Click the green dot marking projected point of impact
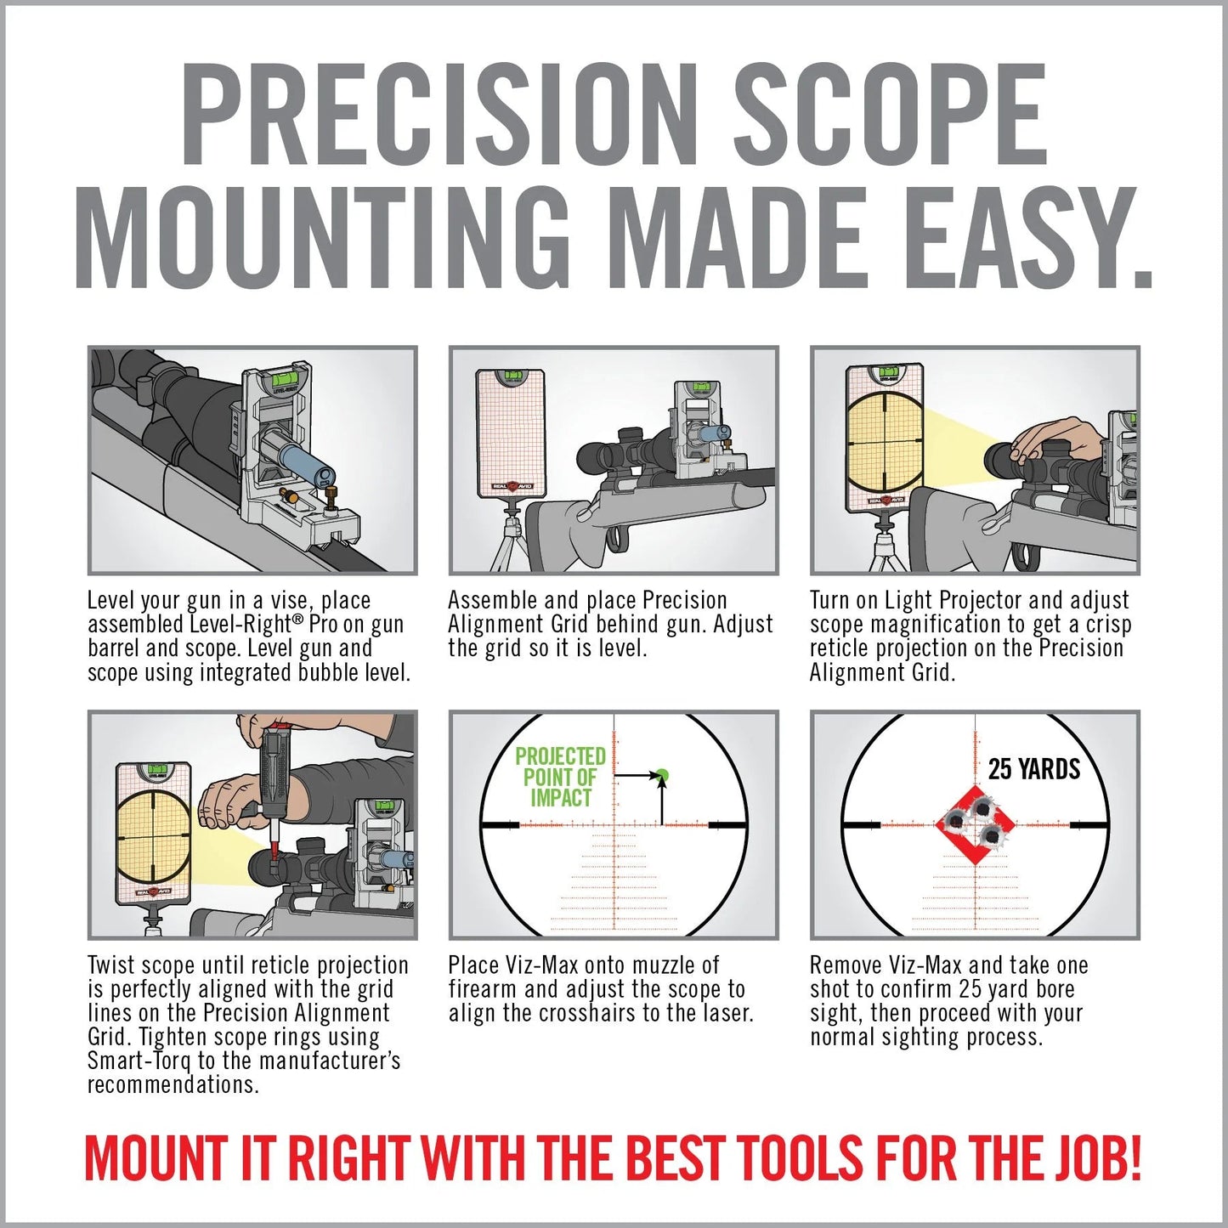[662, 775]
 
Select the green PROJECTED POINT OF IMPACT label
[560, 777]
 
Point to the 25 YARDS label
[1033, 769]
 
